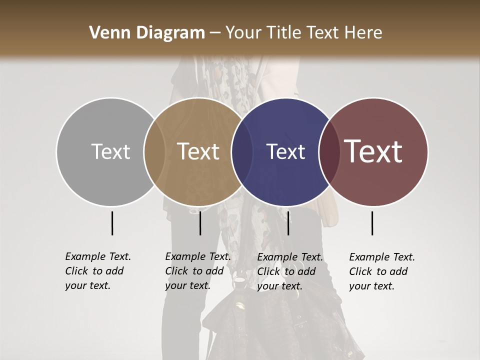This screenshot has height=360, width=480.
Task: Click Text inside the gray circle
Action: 110,151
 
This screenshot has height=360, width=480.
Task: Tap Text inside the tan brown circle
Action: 198,151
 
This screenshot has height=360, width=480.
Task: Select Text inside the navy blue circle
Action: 286,151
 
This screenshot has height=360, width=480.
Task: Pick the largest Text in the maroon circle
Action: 373,151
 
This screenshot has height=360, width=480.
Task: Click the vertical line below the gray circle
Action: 112,223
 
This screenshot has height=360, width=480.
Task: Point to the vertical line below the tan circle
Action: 200,223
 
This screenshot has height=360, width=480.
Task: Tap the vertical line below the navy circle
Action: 288,223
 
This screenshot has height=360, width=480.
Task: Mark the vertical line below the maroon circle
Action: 372,223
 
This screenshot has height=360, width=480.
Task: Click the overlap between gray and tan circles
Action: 154,152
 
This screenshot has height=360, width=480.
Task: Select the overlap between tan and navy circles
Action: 242,152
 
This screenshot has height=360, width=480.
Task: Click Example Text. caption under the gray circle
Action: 98,256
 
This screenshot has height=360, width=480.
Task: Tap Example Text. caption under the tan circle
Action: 198,256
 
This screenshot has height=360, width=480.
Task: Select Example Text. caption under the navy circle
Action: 290,257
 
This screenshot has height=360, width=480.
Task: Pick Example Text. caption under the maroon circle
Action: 382,257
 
